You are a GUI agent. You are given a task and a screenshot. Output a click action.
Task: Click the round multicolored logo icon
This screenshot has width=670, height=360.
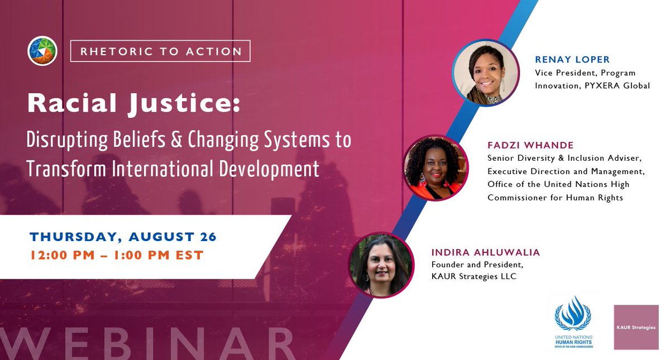pyautogui.click(x=42, y=51)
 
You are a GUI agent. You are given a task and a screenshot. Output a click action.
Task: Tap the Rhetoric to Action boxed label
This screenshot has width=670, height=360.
pyautogui.click(x=160, y=51)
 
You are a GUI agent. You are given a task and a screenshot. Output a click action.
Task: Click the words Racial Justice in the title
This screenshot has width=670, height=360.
pyautogui.click(x=133, y=103)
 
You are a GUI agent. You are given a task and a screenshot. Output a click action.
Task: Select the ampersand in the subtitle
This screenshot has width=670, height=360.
pyautogui.click(x=176, y=140)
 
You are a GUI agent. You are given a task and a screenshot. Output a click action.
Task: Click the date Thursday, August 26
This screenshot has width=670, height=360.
pyautogui.click(x=123, y=237)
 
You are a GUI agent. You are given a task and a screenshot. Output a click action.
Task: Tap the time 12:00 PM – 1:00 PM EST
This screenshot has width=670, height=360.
pyautogui.click(x=117, y=256)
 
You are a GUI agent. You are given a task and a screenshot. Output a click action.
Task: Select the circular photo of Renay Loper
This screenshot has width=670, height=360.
pyautogui.click(x=485, y=73)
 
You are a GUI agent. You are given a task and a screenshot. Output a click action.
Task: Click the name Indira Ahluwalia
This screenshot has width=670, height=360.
pyautogui.click(x=486, y=252)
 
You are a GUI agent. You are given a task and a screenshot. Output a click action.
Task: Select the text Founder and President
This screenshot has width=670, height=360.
pyautogui.click(x=477, y=265)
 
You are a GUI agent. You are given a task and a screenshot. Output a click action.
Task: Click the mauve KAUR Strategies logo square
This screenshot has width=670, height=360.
pyautogui.click(x=636, y=327)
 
